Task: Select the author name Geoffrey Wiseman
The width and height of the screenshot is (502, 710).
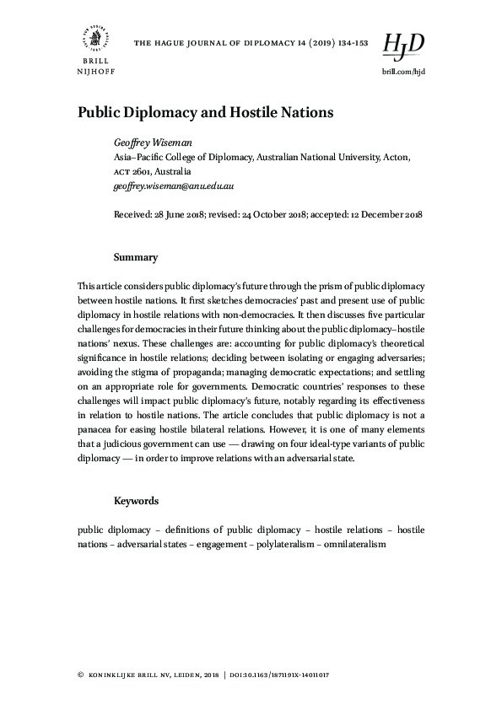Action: (151, 143)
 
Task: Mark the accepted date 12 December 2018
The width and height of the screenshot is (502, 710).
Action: (384, 215)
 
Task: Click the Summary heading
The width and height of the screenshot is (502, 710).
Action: (136, 256)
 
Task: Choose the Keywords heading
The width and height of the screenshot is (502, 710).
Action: (136, 501)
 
